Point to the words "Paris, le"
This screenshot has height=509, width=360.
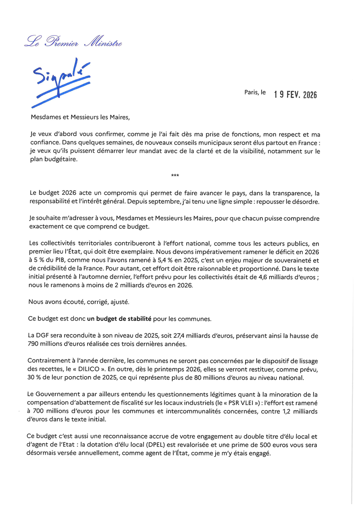tap(255, 92)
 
